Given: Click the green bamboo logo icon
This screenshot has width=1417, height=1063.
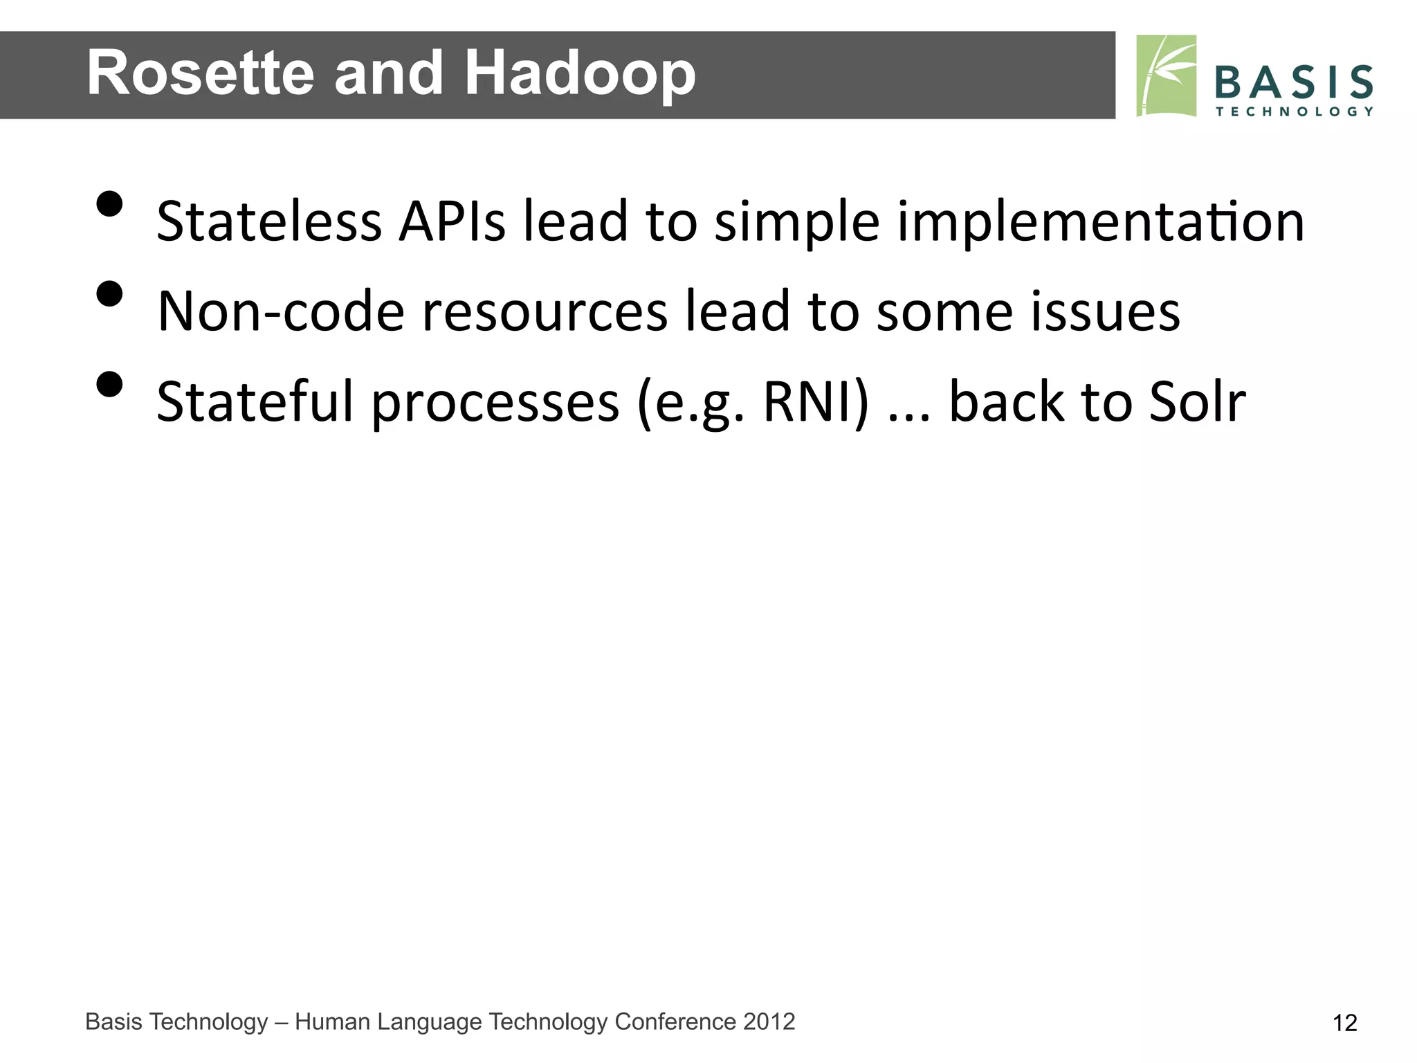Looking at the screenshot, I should [1166, 75].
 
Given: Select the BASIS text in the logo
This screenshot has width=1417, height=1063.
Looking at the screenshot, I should [1293, 82].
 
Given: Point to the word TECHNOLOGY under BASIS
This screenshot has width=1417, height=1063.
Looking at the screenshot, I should [1293, 111].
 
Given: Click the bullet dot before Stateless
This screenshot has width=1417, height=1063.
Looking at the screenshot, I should [109, 204].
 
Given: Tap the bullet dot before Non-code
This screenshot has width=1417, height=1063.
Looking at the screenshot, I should [109, 294].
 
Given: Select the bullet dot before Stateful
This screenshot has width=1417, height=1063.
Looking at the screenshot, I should [109, 384].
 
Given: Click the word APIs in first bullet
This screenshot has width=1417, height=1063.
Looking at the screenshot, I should [452, 221].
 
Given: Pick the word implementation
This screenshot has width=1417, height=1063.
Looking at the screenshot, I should [1100, 221].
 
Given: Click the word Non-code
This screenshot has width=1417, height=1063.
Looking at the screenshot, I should [280, 311].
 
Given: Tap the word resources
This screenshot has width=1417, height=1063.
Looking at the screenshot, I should [545, 311].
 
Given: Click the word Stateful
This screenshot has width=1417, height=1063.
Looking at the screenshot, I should [255, 401].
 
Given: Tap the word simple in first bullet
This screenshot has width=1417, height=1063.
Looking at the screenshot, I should [796, 221].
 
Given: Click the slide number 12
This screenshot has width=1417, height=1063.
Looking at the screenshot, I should [1344, 1023].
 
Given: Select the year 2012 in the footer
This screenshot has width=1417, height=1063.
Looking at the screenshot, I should [769, 1021].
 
